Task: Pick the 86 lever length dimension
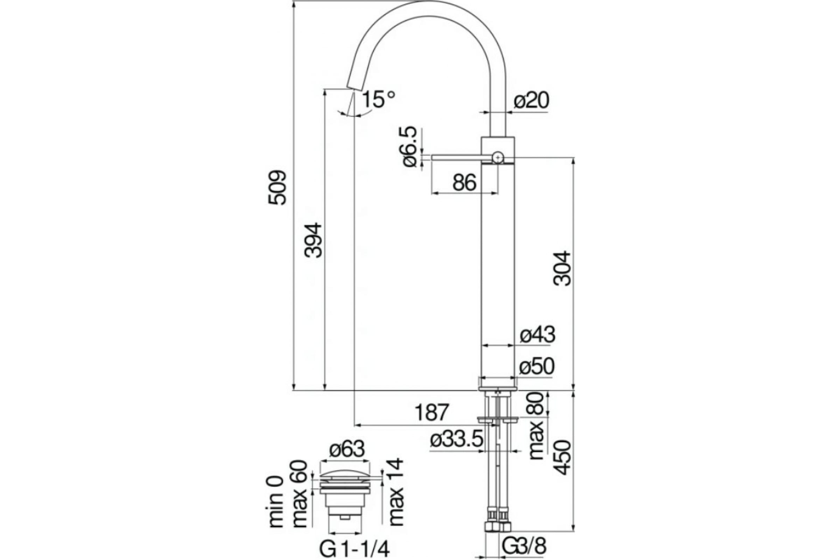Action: pos(464,183)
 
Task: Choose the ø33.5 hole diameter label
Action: pos(457,440)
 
